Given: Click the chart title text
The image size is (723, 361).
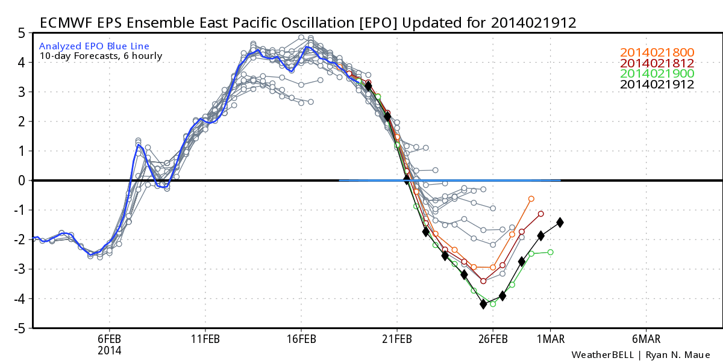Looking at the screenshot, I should (x=307, y=23).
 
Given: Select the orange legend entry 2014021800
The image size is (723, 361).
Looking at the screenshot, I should (x=657, y=52).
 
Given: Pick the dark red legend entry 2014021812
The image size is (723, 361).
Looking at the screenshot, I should (x=657, y=63).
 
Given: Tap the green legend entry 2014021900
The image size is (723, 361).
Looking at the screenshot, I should (x=657, y=74).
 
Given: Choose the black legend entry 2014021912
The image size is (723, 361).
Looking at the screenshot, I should (x=657, y=85).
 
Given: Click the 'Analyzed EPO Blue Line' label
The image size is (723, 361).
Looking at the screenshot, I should (x=94, y=46).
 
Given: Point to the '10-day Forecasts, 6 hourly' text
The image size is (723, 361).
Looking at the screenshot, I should (x=101, y=57).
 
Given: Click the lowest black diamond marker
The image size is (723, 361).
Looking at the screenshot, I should (x=483, y=304).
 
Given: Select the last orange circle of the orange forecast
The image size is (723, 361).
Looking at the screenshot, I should (x=531, y=199).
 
